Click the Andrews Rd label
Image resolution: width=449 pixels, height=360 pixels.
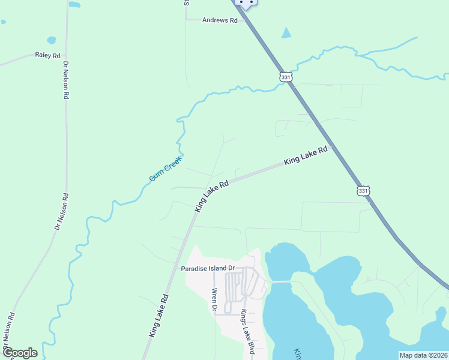[220, 20]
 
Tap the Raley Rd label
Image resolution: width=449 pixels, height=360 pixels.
[48, 56]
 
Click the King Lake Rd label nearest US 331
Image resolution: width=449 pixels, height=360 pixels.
[306, 156]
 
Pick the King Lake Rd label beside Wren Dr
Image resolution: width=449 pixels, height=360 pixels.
[158, 316]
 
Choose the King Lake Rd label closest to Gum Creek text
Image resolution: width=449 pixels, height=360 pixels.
[212, 196]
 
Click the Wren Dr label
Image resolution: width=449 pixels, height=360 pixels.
[214, 300]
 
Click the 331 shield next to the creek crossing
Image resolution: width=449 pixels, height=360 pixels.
[286, 77]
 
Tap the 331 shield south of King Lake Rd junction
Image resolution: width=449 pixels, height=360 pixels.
[363, 190]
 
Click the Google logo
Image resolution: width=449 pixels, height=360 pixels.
[20, 353]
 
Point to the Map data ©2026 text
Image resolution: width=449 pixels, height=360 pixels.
[423, 355]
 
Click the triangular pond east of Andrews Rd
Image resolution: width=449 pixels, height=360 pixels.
[286, 33]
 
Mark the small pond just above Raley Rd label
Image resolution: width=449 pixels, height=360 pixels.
[51, 40]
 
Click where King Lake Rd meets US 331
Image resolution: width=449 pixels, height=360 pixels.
[332, 145]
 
